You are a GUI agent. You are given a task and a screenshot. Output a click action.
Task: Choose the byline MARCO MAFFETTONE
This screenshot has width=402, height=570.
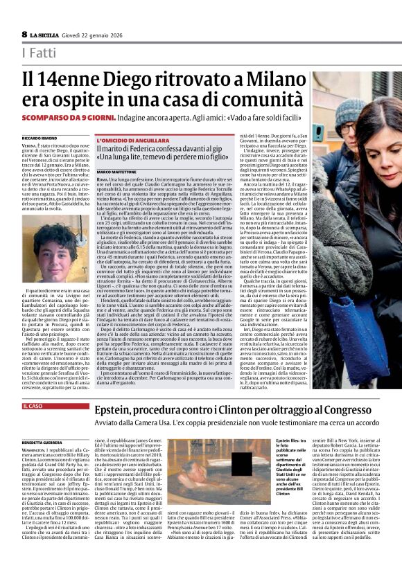pyautogui.click(x=119, y=172)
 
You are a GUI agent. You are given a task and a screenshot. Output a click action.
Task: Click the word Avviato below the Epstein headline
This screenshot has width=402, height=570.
pyautogui.click(x=106, y=424)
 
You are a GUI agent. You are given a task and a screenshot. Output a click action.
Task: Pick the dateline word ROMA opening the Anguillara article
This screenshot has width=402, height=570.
pyautogui.click(x=103, y=179)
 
